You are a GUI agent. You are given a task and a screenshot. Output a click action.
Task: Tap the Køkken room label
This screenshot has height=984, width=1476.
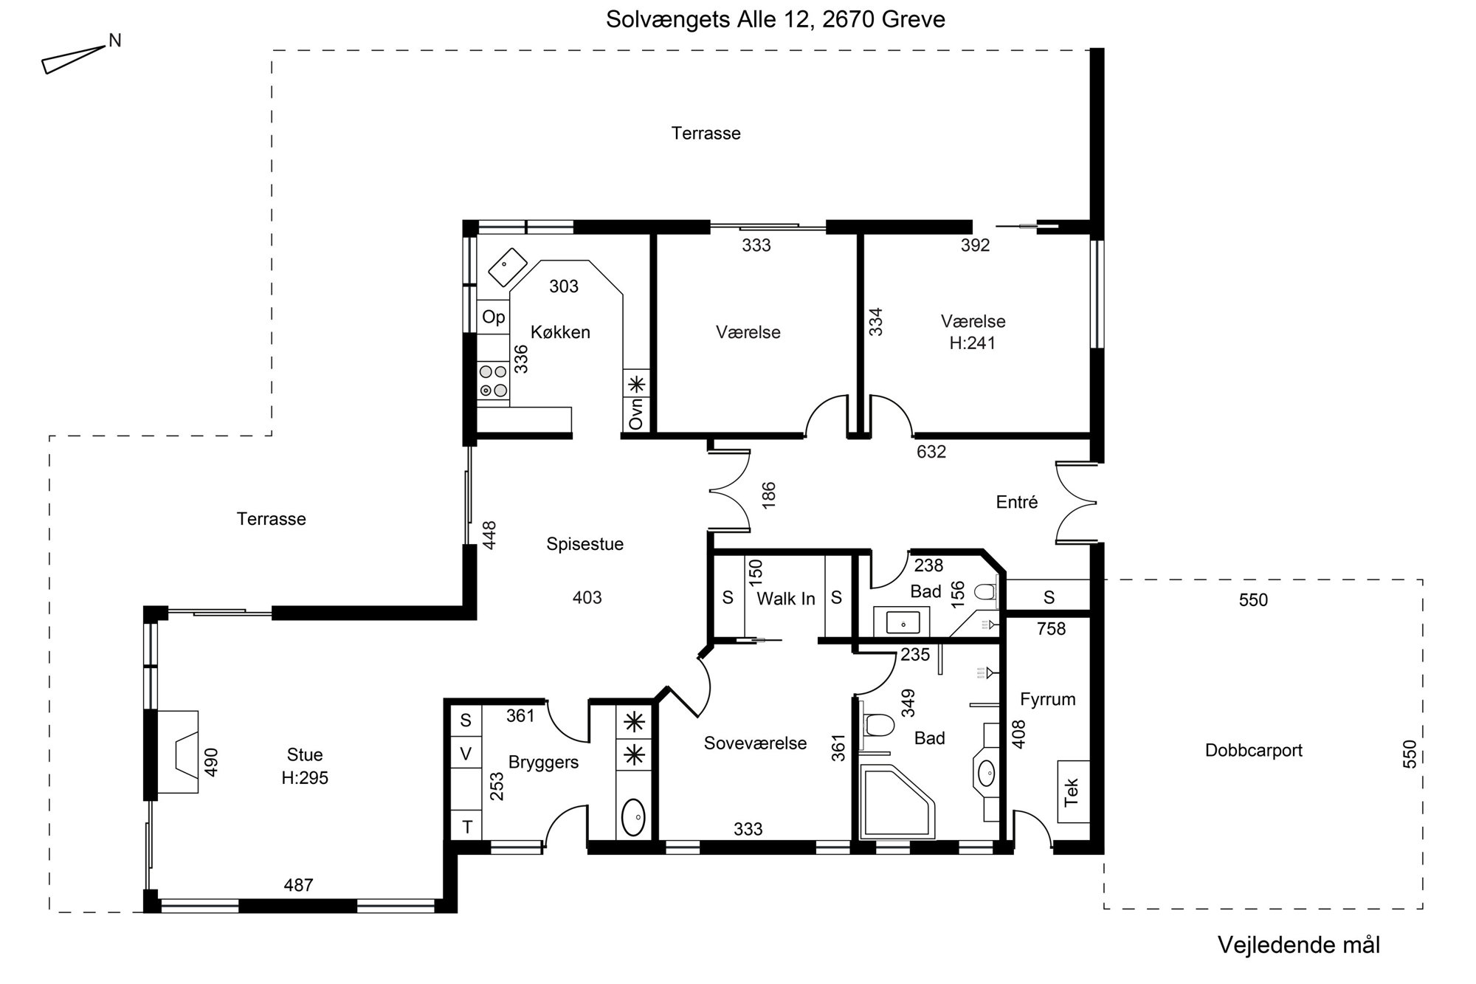560,332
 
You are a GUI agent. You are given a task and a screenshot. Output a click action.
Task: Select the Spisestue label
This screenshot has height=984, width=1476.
584,544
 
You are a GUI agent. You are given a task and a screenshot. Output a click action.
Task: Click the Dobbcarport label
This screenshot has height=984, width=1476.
1253,750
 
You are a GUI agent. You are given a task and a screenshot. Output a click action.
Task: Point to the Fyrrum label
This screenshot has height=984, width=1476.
1047,699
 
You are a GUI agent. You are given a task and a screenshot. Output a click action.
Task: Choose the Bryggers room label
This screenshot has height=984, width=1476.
543,763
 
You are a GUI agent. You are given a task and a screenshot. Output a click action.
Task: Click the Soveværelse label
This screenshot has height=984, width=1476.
755,743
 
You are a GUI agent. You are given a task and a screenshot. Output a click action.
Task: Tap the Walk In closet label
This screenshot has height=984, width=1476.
785,599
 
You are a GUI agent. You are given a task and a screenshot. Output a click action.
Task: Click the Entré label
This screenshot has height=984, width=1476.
1016,502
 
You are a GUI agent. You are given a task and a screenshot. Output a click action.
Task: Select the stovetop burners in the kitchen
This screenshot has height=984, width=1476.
493,381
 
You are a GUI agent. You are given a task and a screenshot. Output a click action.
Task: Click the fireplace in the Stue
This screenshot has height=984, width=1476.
178,751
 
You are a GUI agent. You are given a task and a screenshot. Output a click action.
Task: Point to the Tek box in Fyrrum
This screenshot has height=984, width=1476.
1073,792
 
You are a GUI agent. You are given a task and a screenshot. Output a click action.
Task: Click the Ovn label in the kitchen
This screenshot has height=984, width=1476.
636,413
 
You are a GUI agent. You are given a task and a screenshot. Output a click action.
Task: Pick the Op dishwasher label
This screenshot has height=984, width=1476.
493,317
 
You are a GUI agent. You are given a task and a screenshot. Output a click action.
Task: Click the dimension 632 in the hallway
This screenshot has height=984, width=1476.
931,451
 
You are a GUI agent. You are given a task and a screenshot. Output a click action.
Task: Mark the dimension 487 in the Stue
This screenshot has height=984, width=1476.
298,884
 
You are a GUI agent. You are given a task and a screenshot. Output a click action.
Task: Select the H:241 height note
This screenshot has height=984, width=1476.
972,343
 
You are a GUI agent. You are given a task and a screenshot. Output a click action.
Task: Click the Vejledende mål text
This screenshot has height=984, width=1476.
1298,945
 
